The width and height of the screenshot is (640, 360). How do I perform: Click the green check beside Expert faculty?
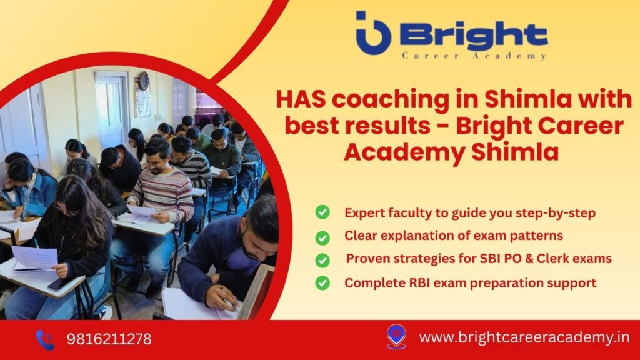tap(322, 212)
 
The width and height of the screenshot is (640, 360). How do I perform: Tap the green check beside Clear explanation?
tap(322, 237)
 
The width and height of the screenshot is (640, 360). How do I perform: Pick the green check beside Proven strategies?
tap(322, 259)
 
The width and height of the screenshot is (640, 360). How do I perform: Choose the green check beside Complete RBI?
tap(322, 282)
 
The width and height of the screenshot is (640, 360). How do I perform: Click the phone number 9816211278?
tap(109, 339)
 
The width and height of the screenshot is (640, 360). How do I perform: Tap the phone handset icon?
tap(45, 339)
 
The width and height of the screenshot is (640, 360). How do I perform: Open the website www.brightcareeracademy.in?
tap(524, 338)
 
